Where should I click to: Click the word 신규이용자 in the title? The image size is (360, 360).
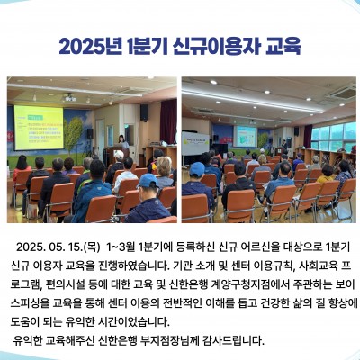216,47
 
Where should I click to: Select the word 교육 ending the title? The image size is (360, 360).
283,47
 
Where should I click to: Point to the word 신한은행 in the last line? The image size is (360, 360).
118,340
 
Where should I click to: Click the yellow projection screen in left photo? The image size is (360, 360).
39,128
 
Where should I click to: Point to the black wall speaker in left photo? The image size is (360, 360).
144,112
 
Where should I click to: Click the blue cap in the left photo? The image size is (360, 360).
148,181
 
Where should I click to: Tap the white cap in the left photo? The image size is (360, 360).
119,155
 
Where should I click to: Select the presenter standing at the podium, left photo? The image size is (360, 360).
123,142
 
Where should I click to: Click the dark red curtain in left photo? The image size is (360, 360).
168,121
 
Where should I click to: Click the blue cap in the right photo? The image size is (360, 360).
197,169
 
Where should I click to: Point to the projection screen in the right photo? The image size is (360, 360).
245,136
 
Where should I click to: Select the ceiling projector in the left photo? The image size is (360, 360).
69,97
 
